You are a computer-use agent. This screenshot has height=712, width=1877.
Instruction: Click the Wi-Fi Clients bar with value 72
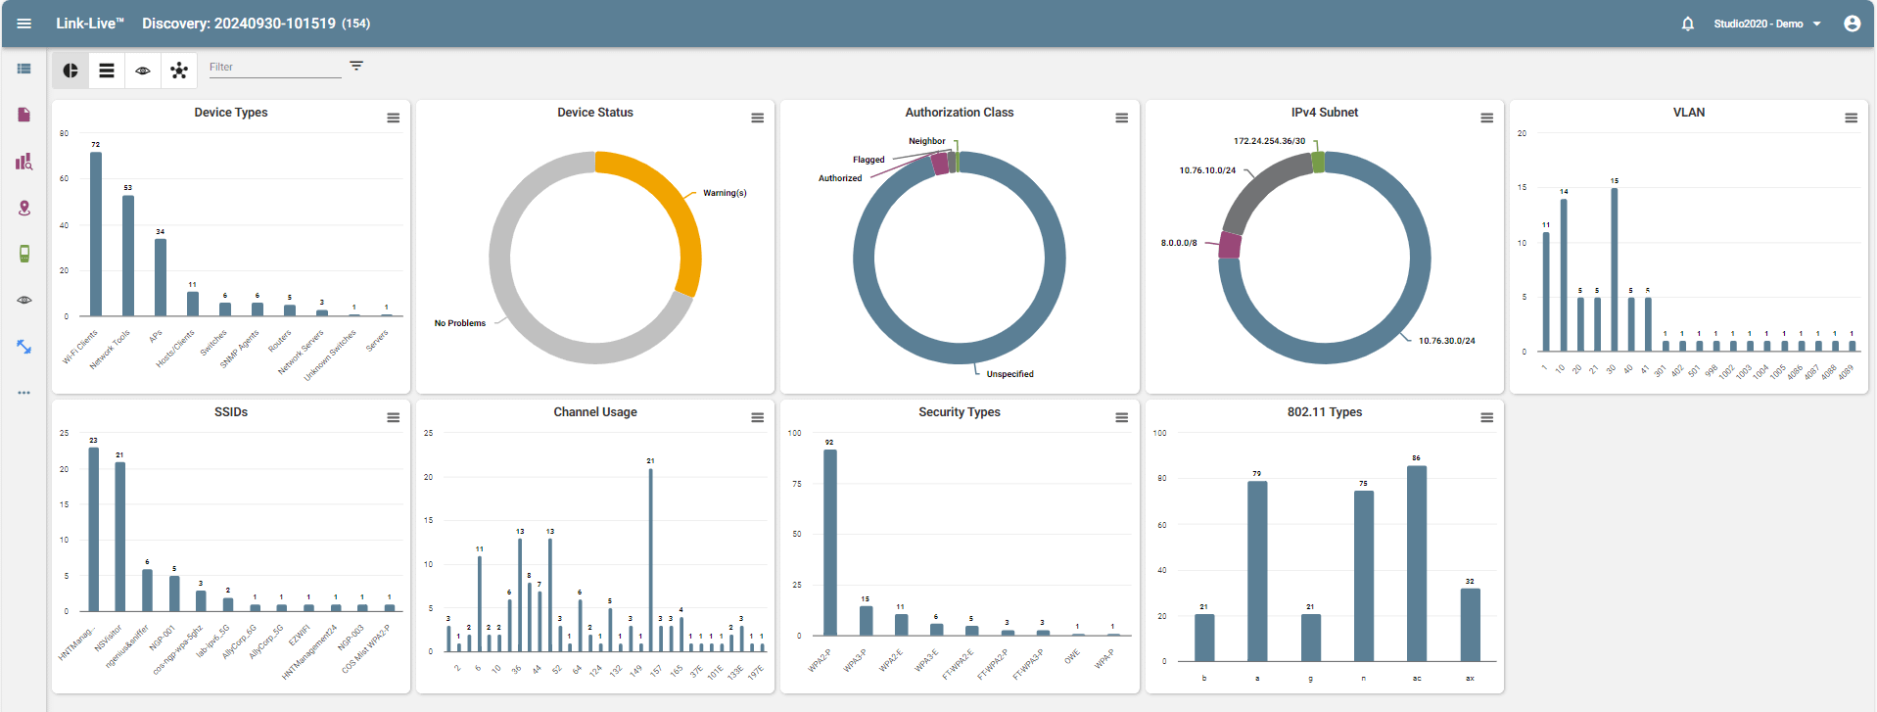tap(96, 234)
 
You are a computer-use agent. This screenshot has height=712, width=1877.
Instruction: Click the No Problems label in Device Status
tap(459, 323)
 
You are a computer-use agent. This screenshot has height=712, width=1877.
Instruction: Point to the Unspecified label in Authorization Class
tap(1009, 374)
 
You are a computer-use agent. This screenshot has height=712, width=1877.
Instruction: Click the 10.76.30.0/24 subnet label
tap(1446, 341)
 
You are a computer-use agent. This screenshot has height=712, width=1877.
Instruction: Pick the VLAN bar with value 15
tap(1615, 268)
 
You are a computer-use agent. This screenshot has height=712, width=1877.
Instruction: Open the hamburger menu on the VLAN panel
tap(1851, 118)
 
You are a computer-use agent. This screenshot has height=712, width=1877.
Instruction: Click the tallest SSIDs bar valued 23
tap(94, 529)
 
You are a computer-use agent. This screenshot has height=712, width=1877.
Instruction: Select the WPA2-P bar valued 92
tap(830, 543)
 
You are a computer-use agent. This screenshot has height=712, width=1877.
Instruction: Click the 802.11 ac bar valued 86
tap(1417, 564)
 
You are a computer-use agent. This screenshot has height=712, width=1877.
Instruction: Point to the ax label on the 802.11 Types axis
tap(1470, 678)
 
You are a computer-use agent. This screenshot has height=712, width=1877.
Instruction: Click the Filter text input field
tap(274, 67)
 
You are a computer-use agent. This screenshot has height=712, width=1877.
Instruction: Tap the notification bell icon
tap(1688, 24)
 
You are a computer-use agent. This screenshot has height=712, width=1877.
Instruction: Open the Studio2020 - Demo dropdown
tap(1766, 24)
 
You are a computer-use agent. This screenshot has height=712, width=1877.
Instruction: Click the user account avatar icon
tap(1852, 24)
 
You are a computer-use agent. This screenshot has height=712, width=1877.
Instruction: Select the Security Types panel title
tap(959, 412)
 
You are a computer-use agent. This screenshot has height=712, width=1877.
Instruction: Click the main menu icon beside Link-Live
tap(24, 24)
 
